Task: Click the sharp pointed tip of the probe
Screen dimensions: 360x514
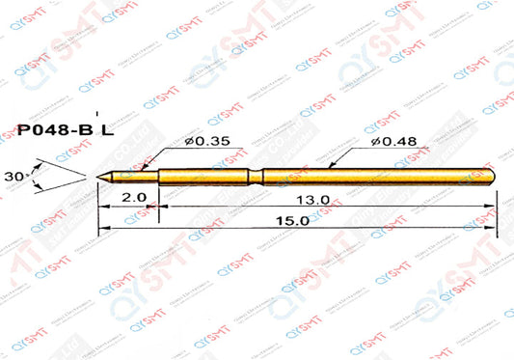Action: (98, 177)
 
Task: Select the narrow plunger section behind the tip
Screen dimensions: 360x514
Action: (135, 177)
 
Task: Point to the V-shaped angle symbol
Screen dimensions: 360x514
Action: (53, 177)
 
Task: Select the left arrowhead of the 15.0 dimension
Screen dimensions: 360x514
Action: (102, 228)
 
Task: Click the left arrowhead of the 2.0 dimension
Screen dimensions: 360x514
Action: (102, 206)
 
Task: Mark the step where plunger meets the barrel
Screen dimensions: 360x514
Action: (158, 177)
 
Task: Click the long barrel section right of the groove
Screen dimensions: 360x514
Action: (376, 177)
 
